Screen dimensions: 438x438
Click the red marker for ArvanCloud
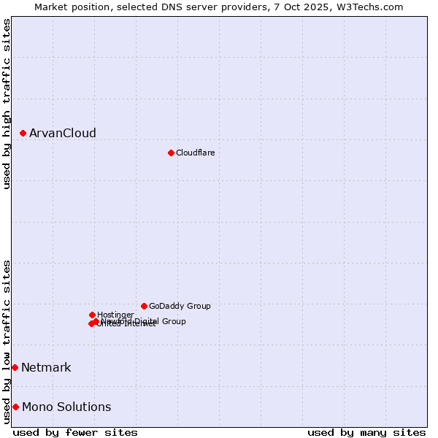23,133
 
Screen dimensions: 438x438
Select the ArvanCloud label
63,133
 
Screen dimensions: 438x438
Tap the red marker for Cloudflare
171,153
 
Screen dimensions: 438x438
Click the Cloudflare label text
196,153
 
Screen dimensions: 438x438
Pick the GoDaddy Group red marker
144,306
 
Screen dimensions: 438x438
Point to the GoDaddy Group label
180,306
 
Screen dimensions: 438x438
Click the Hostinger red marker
92,315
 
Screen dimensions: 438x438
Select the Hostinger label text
115,315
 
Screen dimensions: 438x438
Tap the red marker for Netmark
15,367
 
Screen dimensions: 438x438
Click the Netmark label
46,367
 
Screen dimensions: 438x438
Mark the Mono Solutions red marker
15,407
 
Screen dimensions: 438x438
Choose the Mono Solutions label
66,407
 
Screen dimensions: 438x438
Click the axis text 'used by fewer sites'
75,432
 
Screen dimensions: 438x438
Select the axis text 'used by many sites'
366,432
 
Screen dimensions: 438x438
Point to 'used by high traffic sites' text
7,104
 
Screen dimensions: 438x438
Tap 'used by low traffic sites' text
7,342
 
